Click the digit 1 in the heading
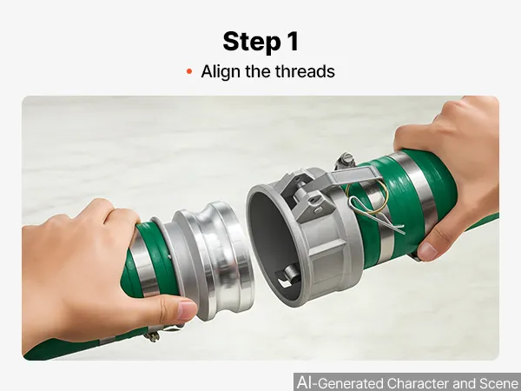(x=293, y=41)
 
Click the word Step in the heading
(x=252, y=42)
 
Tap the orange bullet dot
(x=189, y=71)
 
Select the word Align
(x=221, y=72)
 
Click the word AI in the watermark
(x=306, y=382)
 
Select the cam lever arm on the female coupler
(x=356, y=175)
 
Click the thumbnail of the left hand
(x=187, y=310)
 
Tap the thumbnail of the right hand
(x=428, y=251)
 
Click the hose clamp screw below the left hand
(x=152, y=335)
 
